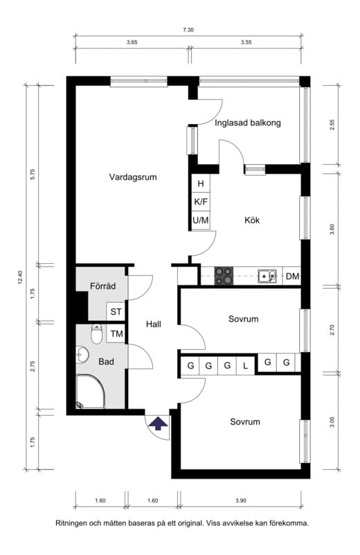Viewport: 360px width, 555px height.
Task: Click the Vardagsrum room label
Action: pos(133,177)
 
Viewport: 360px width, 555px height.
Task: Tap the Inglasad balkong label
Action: pos(248,123)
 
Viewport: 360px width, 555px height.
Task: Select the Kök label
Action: pos(252,220)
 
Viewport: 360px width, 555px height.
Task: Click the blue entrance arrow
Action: pos(158,423)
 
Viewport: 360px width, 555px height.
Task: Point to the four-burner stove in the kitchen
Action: pos(224,276)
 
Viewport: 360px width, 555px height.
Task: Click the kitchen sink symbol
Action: pos(267,276)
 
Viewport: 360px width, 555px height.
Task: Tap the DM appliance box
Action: pos(291,276)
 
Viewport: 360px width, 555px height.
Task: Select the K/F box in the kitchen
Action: pos(201,202)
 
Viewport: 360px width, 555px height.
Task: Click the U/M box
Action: pos(201,220)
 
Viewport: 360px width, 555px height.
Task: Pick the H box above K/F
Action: pos(201,184)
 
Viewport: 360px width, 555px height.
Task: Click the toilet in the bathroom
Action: pos(96,334)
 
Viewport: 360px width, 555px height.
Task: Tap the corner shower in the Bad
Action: pos(91,391)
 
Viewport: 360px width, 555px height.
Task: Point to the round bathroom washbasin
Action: pos(82,354)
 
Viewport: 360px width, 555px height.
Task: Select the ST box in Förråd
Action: pos(116,312)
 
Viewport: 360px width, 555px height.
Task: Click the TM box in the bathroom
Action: pos(116,333)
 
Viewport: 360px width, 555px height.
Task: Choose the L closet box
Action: pos(245,366)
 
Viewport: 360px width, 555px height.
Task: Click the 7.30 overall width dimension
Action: pos(188,30)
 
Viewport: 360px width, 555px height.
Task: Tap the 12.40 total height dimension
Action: pos(20,277)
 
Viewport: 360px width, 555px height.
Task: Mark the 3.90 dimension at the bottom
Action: pos(240,500)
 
